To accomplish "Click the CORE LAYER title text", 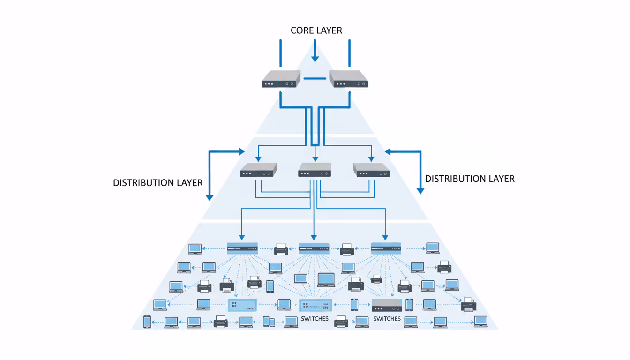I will tap(316, 30).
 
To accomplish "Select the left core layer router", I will tap(281, 79).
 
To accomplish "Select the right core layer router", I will tap(349, 79).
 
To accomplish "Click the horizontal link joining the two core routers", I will tap(315, 78).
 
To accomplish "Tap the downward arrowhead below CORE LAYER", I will tap(315, 59).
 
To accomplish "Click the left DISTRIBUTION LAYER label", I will tap(157, 183).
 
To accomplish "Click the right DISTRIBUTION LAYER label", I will tap(470, 179).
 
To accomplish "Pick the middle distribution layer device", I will tap(315, 170).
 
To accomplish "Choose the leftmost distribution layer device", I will tap(258, 170).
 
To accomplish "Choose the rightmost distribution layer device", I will tap(372, 170).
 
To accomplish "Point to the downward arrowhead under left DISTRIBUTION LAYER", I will tap(210, 196).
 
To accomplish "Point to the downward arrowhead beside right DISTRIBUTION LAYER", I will tap(420, 190).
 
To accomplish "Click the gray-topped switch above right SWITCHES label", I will tap(387, 305).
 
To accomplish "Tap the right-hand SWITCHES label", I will tap(387, 319).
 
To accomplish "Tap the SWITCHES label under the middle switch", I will tap(315, 319).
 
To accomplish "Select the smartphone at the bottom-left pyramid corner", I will tap(147, 322).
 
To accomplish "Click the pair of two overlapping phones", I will tap(269, 322).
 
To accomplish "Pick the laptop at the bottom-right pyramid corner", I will tap(481, 322).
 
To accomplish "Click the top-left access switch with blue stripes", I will tap(242, 248).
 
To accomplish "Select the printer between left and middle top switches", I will tap(281, 249).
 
